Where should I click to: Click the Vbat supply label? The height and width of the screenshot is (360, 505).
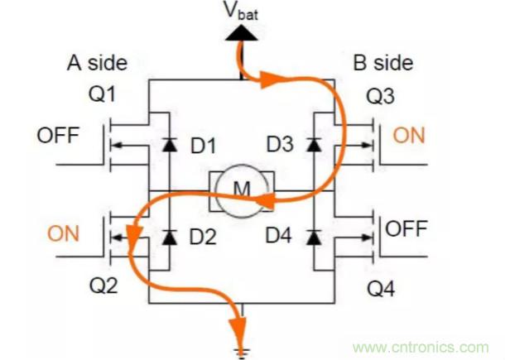click(x=241, y=13)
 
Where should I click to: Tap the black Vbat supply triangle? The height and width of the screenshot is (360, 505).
click(x=241, y=33)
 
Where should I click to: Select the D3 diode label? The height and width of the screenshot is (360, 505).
click(x=279, y=146)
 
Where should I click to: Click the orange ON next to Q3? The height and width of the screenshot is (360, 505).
click(x=409, y=135)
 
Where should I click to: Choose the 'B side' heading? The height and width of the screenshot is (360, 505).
click(x=383, y=63)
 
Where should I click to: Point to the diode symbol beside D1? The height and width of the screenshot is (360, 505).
click(x=170, y=146)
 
